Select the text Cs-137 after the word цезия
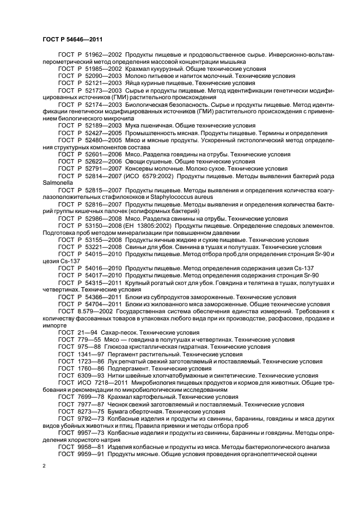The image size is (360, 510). [x=69, y=260]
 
